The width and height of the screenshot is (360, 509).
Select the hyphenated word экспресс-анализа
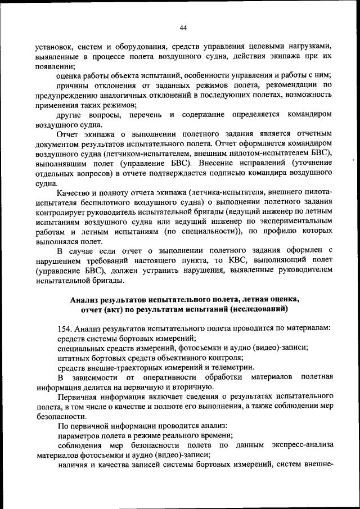[x=301, y=445]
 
